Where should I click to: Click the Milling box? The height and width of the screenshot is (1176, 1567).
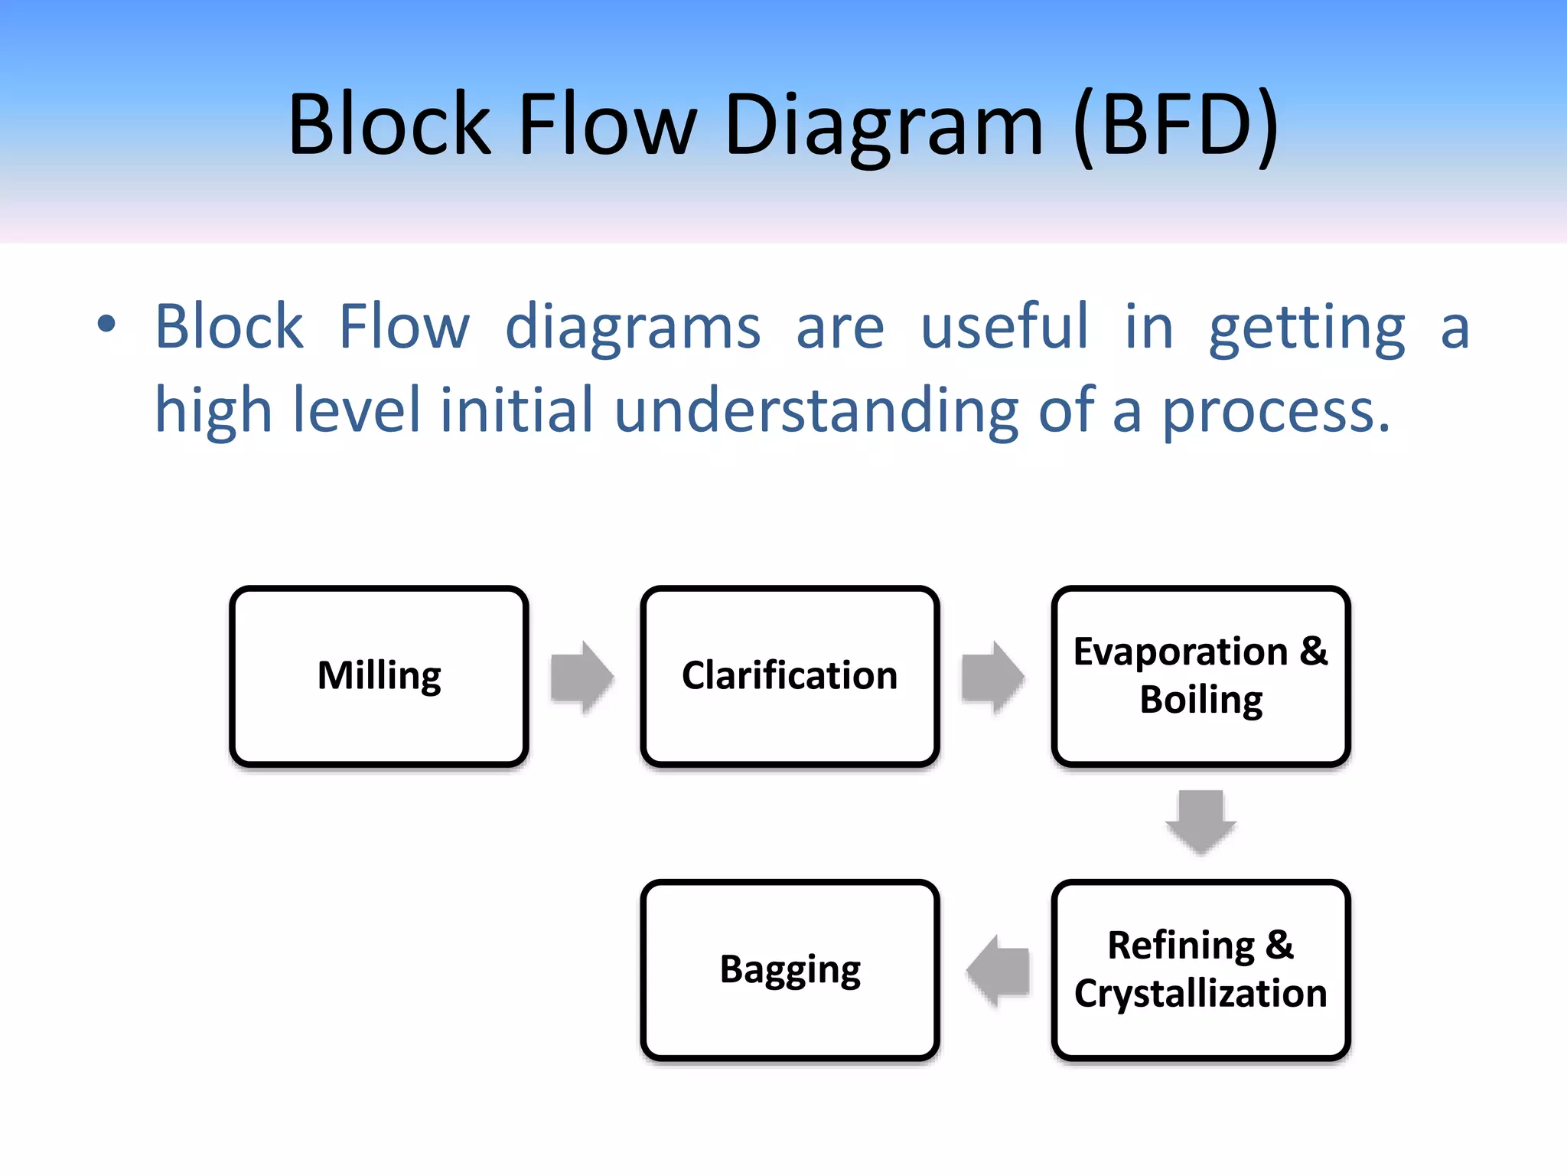pyautogui.click(x=379, y=676)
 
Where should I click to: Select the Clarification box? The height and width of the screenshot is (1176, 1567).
pyautogui.click(x=790, y=676)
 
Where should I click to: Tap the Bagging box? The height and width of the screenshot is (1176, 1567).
pyautogui.click(x=790, y=969)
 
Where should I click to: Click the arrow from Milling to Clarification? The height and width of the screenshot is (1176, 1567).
pyautogui.click(x=582, y=677)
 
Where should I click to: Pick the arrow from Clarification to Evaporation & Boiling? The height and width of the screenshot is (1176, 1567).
pyautogui.click(x=992, y=677)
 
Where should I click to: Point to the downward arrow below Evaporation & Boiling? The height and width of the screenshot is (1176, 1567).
pyautogui.click(x=1200, y=822)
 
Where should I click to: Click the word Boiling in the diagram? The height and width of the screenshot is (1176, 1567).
pyautogui.click(x=1200, y=700)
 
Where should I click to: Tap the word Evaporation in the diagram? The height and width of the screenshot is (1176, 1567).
pyautogui.click(x=1180, y=652)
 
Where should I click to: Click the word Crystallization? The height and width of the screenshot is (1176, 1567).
pyautogui.click(x=1200, y=993)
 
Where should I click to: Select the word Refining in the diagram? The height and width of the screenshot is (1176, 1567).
pyautogui.click(x=1181, y=946)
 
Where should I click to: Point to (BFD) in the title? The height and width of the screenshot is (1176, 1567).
pyautogui.click(x=1176, y=125)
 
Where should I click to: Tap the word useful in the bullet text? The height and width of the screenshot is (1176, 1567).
pyautogui.click(x=1003, y=327)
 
